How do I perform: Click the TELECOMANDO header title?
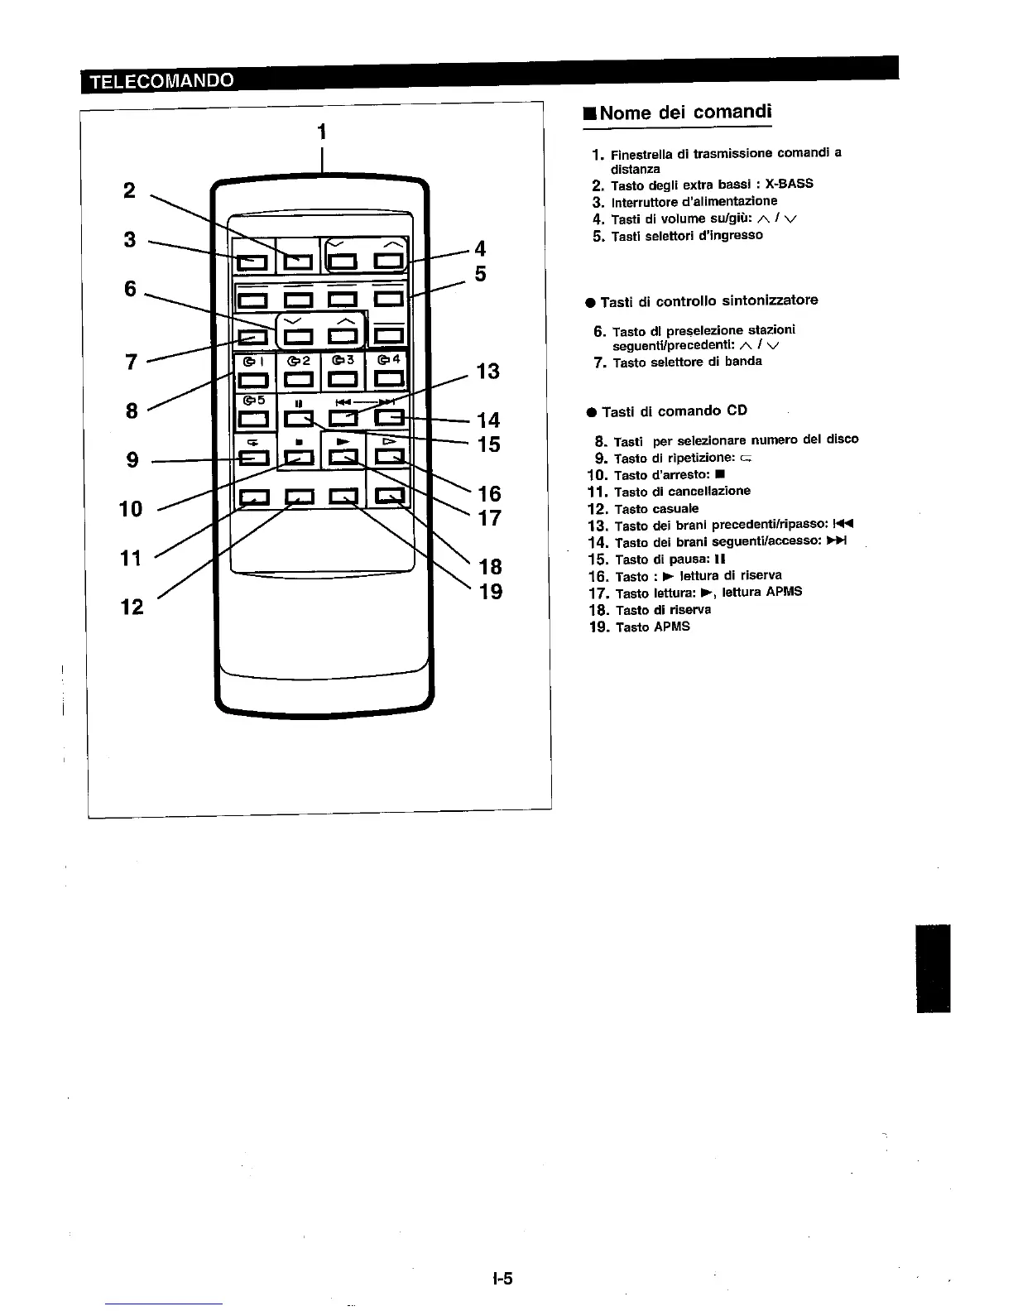pos(161,80)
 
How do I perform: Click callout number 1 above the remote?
pos(322,132)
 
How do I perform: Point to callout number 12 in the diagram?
pos(132,607)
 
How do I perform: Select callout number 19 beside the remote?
pos(491,591)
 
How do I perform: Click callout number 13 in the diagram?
pos(488,371)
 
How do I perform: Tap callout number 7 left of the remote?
pos(131,362)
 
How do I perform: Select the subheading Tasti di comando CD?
pos(675,411)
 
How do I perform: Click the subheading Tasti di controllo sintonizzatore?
pos(708,300)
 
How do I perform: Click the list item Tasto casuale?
pos(656,508)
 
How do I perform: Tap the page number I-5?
pos(502,1279)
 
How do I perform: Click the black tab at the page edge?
pos(933,968)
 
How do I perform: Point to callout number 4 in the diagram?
pos(480,248)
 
